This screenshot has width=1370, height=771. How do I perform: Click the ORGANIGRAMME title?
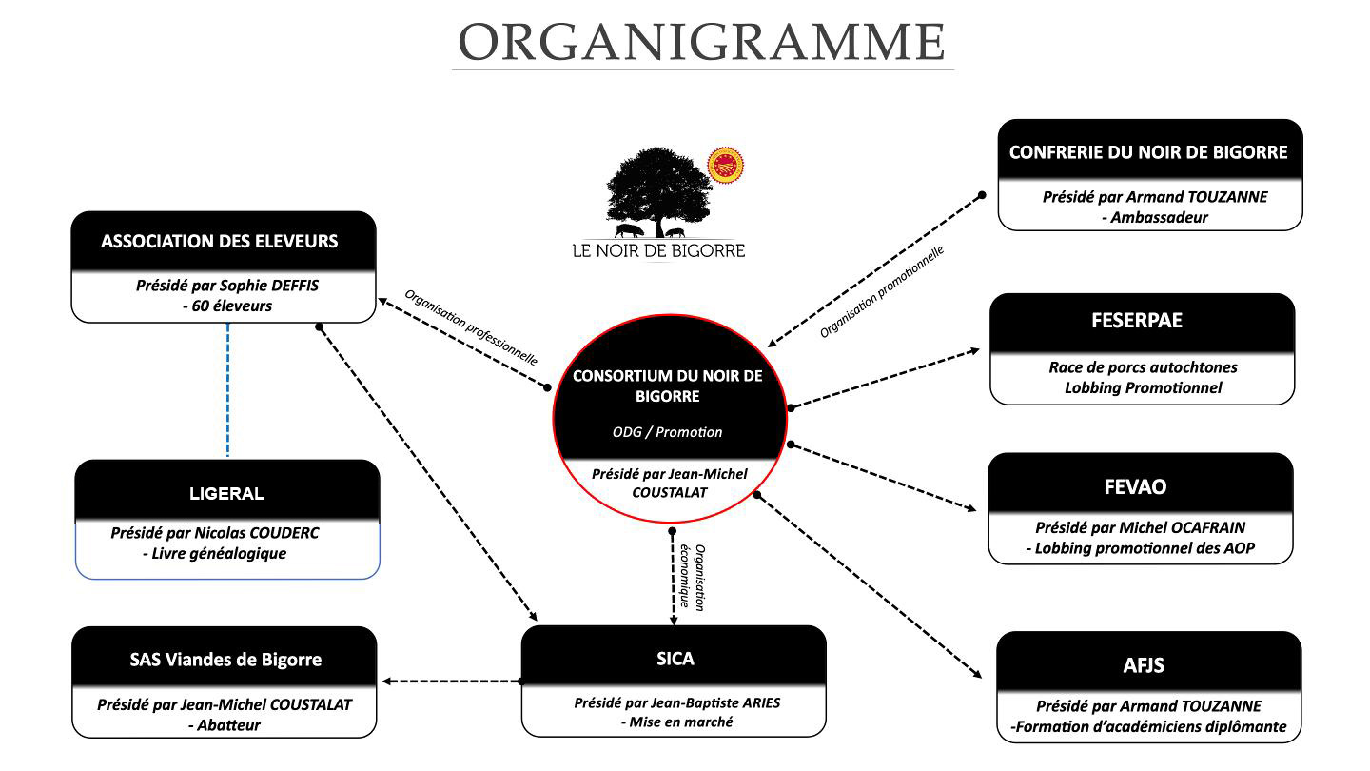702,43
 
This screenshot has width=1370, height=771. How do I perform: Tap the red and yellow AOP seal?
726,165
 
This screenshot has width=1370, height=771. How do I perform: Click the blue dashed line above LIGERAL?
228,390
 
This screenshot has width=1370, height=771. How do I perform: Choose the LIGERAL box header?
226,493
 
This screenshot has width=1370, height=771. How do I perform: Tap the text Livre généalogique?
225,554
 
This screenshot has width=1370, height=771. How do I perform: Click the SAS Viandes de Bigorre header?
225,659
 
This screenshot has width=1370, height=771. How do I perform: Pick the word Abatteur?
229,725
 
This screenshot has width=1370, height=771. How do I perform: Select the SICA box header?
675,658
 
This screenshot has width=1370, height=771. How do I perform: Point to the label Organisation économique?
692,576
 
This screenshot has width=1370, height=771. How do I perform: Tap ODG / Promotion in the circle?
667,432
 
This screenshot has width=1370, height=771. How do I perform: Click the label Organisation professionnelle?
471,326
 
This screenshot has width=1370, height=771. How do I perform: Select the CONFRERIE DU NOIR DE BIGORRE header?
1148,151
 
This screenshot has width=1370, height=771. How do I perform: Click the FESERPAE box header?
1142,321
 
